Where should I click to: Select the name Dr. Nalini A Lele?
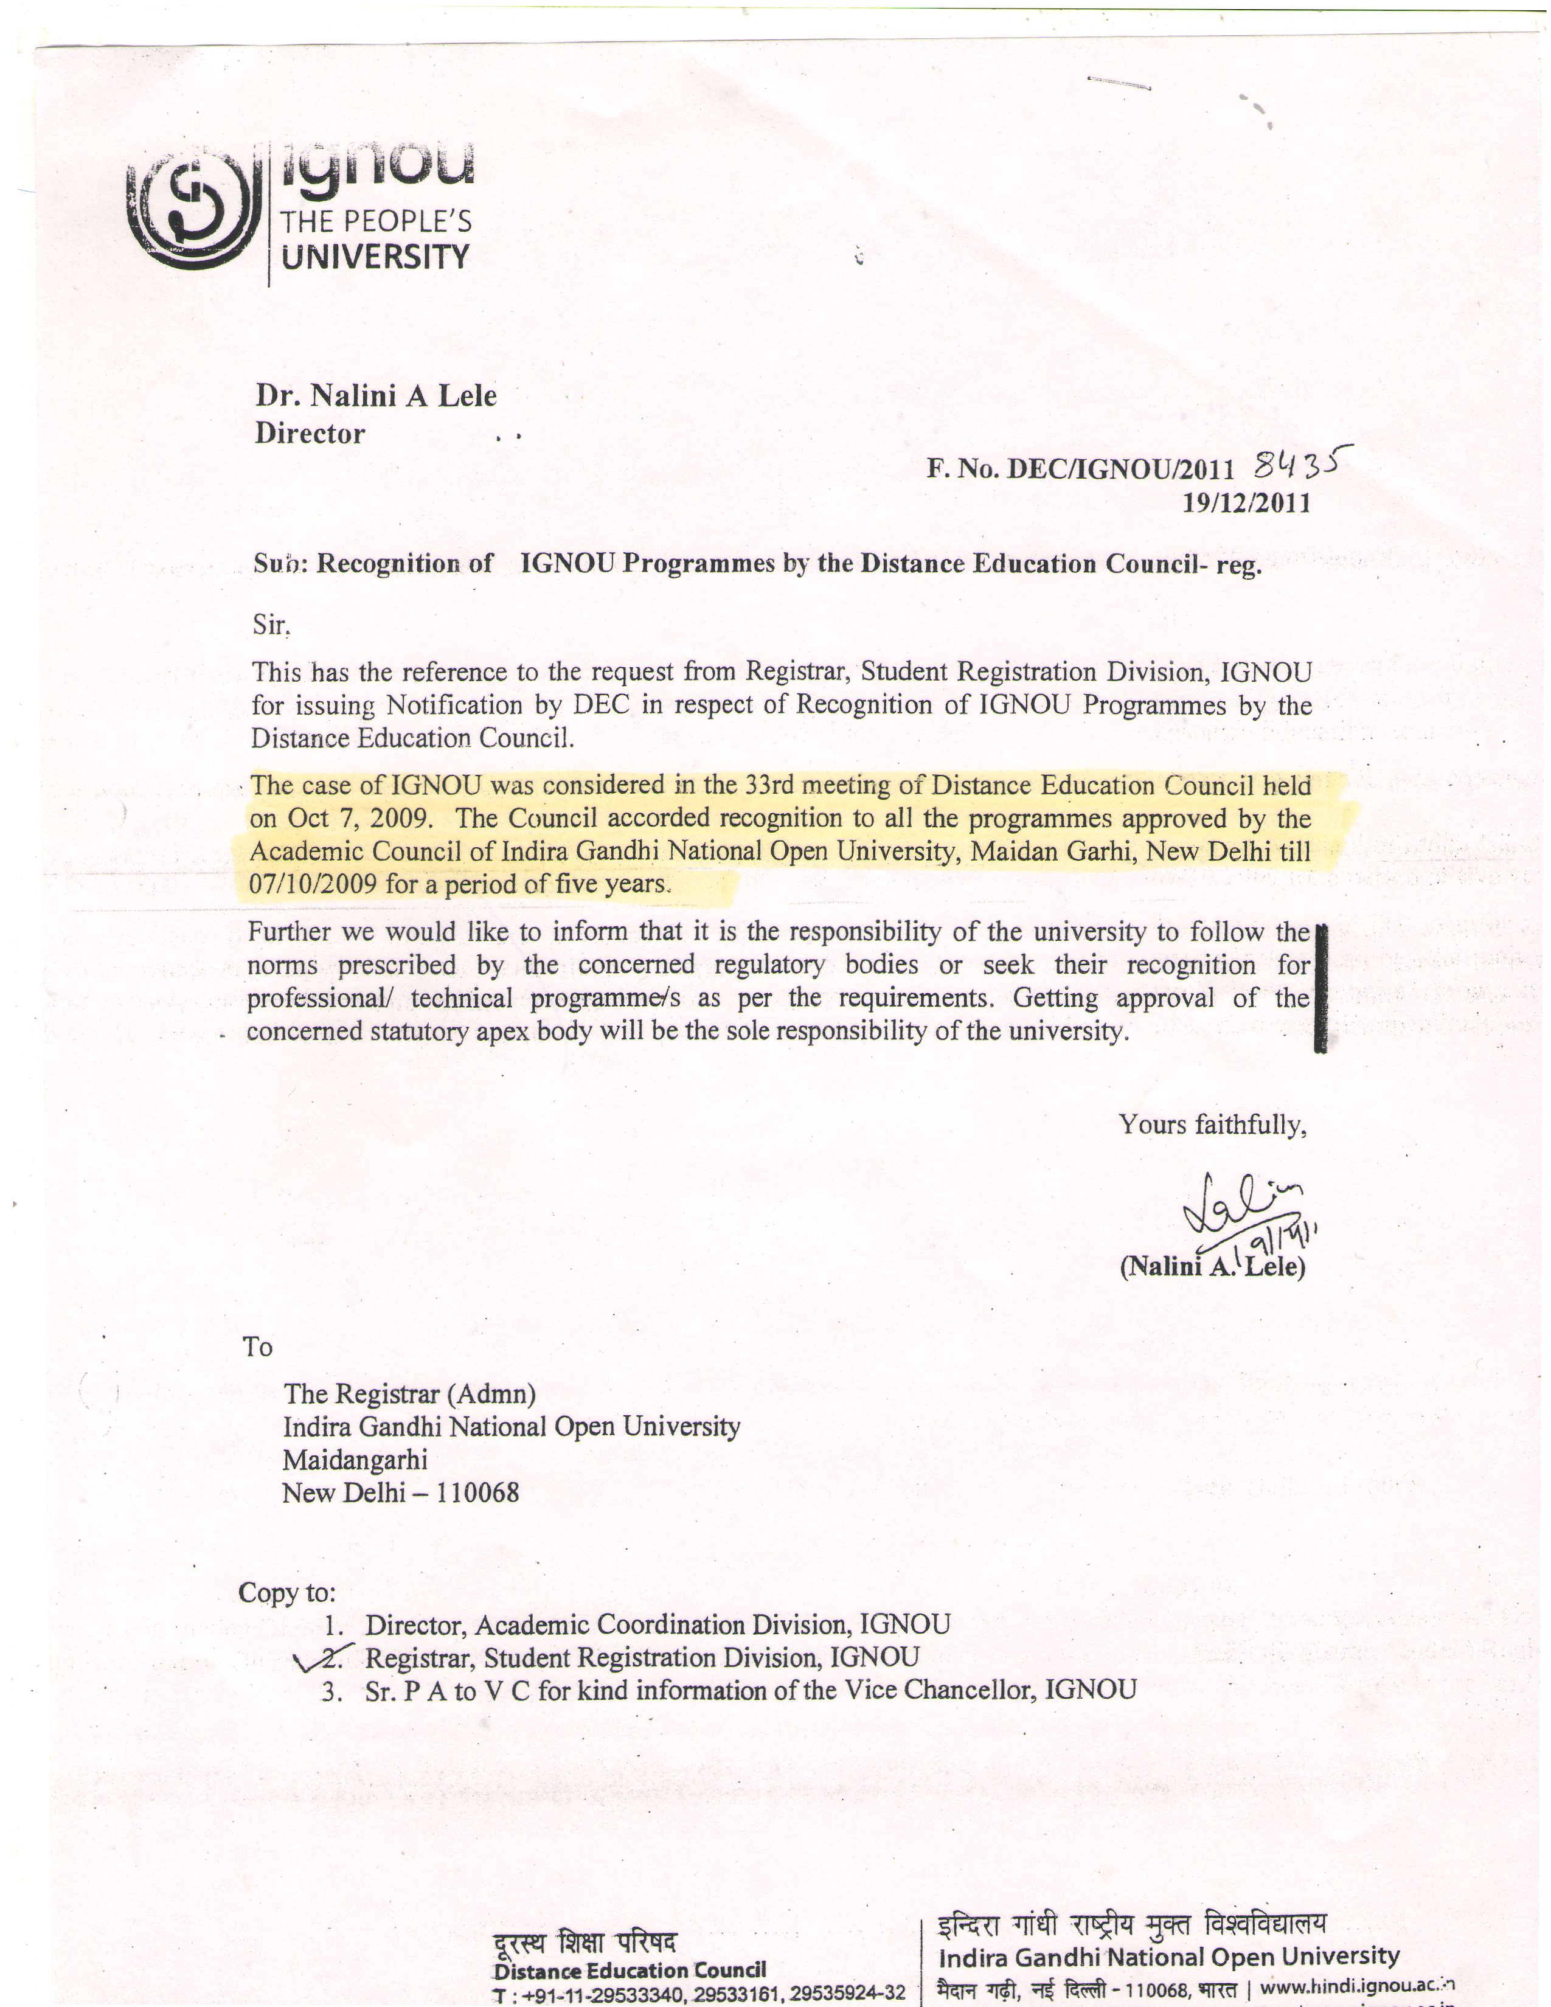[376, 395]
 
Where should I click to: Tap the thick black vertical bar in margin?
[1321, 987]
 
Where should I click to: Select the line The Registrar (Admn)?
[409, 1394]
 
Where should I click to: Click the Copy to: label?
[286, 1592]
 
